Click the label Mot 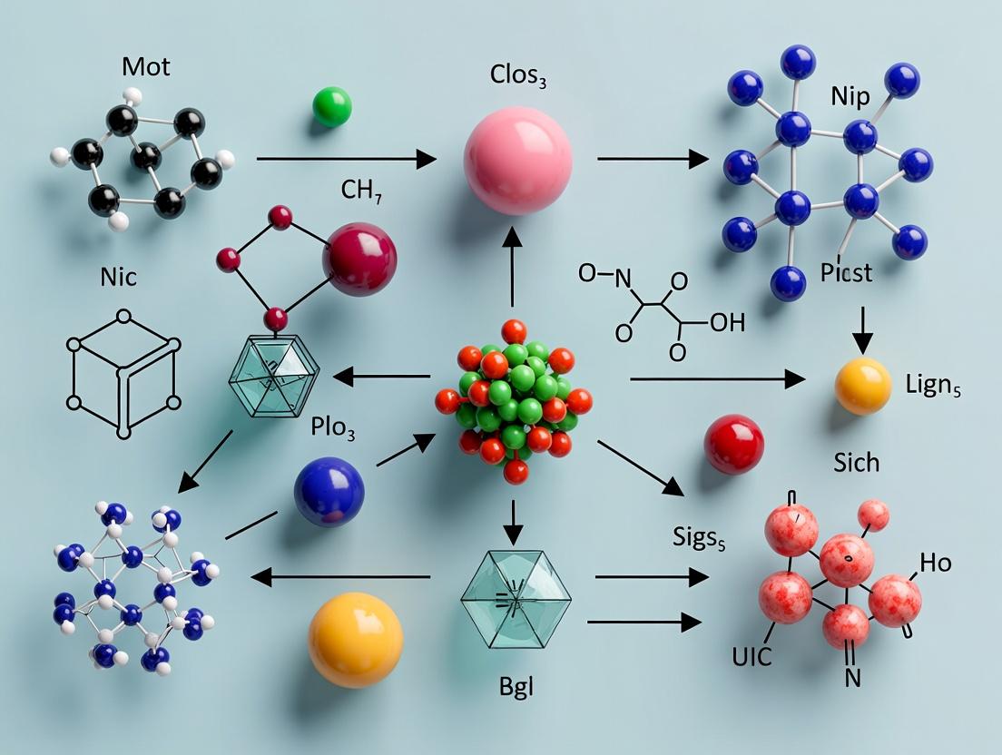[x=145, y=68]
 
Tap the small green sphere [x=331, y=106]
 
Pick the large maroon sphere [x=359, y=260]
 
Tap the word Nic [x=118, y=277]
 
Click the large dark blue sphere [x=329, y=492]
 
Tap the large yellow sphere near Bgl [x=355, y=639]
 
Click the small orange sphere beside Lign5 [x=862, y=386]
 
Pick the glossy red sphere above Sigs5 [x=733, y=444]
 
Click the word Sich [x=855, y=462]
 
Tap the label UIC [x=751, y=655]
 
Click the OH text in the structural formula [x=726, y=323]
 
